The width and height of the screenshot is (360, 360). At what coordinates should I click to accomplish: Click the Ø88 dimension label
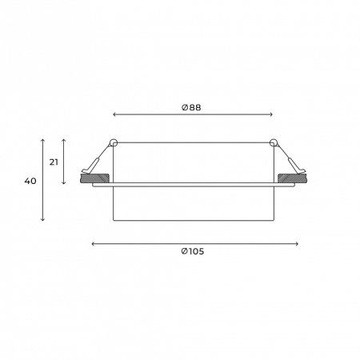pyautogui.click(x=191, y=107)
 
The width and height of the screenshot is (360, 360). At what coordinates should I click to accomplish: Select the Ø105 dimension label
pyautogui.click(x=193, y=251)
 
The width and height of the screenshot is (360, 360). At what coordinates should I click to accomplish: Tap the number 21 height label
pyautogui.click(x=54, y=162)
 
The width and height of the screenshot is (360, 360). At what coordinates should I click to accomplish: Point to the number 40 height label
pyautogui.click(x=30, y=181)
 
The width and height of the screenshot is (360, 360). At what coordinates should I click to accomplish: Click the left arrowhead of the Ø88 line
pyautogui.click(x=114, y=114)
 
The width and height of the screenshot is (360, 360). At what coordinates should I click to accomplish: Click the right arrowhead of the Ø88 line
pyautogui.click(x=271, y=114)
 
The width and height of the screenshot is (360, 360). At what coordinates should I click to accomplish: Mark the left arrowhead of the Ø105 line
pyautogui.click(x=93, y=244)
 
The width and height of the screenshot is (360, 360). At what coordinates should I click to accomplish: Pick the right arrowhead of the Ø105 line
pyautogui.click(x=297, y=244)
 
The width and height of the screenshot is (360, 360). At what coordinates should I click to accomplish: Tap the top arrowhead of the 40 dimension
pyautogui.click(x=42, y=140)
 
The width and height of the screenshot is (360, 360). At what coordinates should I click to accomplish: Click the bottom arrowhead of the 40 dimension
pyautogui.click(x=42, y=219)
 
